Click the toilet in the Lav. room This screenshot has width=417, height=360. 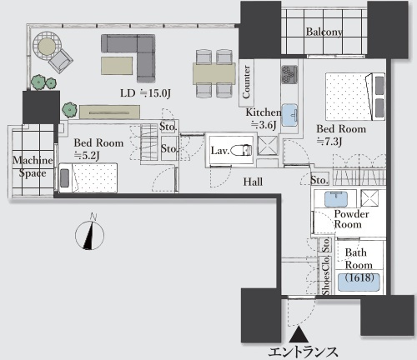point(241,150)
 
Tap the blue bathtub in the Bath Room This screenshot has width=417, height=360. point(358,282)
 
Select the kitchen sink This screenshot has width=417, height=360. point(289,115)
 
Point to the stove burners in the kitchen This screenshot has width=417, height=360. point(289,74)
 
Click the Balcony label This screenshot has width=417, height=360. point(324,32)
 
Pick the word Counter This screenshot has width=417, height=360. point(246,82)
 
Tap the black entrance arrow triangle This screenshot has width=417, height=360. point(299,334)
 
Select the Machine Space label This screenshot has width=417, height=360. point(33,167)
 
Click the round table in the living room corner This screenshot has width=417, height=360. point(47,46)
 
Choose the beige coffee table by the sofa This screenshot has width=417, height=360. point(117,66)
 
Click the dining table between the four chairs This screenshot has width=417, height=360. point(214,73)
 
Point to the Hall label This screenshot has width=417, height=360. point(253,182)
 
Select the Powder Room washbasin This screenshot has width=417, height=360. point(336,199)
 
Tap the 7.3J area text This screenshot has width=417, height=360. point(329,141)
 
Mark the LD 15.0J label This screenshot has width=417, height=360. point(145,93)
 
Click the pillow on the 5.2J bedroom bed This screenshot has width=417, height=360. point(64,177)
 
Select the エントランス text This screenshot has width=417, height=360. point(303,352)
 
